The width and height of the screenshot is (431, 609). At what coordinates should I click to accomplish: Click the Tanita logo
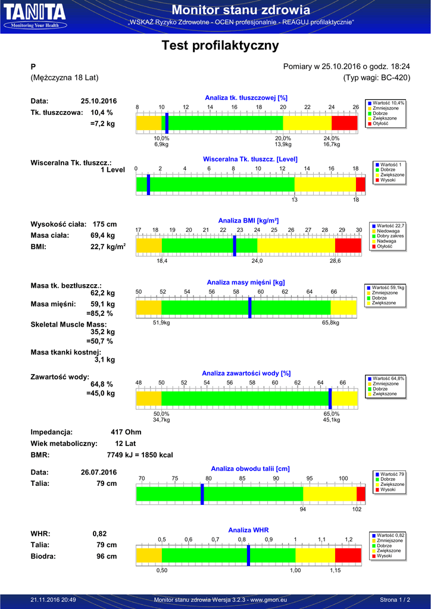point(35,16)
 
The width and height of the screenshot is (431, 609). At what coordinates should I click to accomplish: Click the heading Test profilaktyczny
point(220,45)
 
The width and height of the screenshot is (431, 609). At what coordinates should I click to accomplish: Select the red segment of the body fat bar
point(344,123)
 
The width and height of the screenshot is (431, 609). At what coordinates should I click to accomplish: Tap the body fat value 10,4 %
point(101,112)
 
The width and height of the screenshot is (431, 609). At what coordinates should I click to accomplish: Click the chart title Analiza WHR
point(248,530)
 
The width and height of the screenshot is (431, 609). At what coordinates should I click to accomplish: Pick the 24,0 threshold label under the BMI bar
point(257,261)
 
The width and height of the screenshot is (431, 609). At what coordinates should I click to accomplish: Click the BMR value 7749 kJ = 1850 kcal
point(140,455)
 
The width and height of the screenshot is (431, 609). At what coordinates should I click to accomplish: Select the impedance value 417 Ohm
point(126,432)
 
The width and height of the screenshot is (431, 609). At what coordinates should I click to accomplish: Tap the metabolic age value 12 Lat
point(126,444)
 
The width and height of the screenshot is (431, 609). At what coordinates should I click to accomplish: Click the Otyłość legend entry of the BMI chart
point(385,246)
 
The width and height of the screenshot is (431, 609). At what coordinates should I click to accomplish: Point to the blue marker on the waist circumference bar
point(202,494)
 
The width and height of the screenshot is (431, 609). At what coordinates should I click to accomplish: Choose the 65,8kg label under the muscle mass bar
point(330,323)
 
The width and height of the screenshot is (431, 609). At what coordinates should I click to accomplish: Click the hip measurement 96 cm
point(107,556)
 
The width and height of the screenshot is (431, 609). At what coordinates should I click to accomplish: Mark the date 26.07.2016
point(99,472)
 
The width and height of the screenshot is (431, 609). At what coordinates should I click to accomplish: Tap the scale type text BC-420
point(394,78)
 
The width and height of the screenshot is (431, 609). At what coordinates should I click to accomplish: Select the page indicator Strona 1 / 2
point(395,599)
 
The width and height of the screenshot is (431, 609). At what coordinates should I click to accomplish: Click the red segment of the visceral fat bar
point(361,184)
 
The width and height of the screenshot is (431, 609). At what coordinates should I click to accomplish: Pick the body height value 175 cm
point(105,224)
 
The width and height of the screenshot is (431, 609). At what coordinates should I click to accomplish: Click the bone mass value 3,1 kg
point(105,360)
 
